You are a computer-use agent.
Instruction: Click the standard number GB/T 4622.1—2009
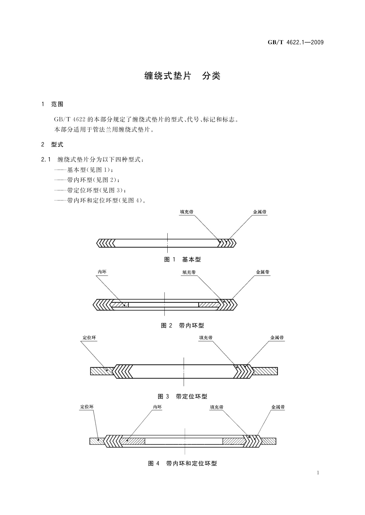[296, 43]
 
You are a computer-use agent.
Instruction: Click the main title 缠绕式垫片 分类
[182, 76]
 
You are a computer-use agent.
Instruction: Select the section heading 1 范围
[52, 104]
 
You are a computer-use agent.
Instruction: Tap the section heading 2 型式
[52, 145]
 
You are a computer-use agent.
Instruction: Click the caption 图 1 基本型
[182, 260]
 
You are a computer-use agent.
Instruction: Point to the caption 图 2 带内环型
[182, 325]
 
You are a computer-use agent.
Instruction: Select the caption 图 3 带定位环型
[182, 396]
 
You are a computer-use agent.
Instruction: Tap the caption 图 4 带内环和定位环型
[182, 463]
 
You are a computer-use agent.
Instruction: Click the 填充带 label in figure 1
[186, 212]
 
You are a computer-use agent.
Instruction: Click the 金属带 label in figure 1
[260, 212]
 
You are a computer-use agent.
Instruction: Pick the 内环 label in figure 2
[102, 272]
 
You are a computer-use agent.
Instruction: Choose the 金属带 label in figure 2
[263, 272]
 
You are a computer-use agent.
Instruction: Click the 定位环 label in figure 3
[89, 338]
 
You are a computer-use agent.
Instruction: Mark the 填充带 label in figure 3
[206, 338]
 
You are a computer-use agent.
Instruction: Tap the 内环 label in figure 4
[157, 407]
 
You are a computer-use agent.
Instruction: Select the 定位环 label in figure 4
[87, 407]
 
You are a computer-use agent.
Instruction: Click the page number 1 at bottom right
[318, 473]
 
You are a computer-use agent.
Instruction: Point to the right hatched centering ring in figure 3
[265, 371]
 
